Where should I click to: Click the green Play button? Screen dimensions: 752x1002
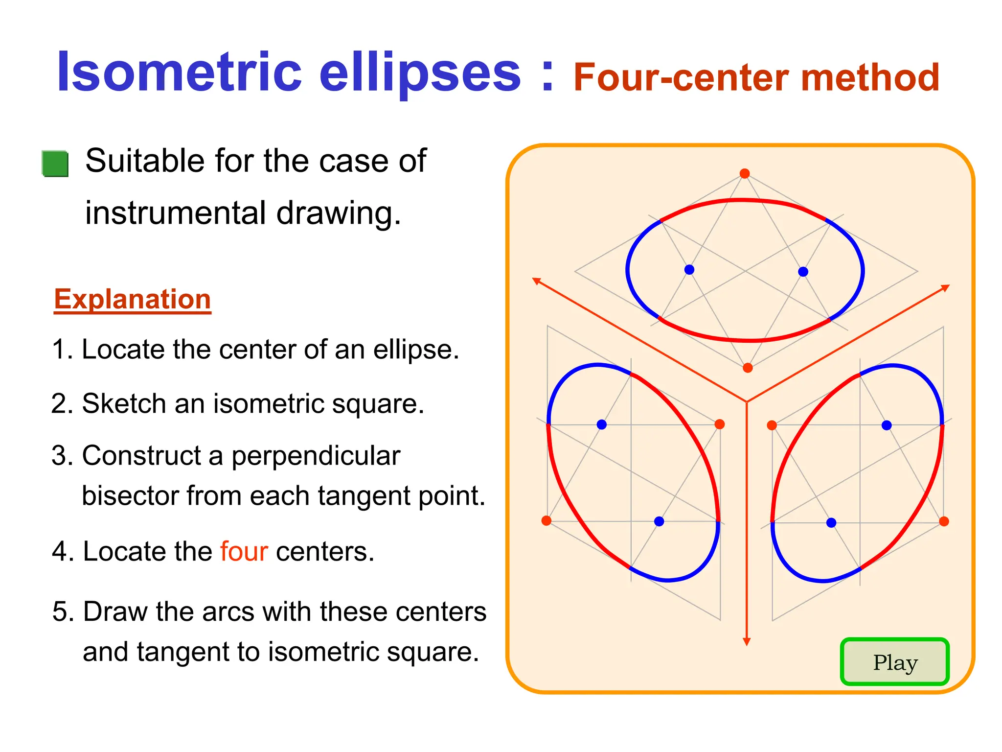click(x=894, y=662)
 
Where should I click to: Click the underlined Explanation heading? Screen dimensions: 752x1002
click(x=132, y=299)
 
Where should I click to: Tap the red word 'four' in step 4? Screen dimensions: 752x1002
click(x=244, y=551)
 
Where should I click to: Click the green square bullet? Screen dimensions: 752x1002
click(x=55, y=164)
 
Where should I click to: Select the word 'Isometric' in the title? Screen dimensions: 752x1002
click(x=179, y=73)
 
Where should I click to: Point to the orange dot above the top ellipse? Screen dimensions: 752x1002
click(x=745, y=174)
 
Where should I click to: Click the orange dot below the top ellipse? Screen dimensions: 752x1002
click(x=748, y=368)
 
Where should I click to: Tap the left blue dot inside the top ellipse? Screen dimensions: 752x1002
click(x=689, y=270)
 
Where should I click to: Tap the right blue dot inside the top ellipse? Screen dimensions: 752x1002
click(x=803, y=272)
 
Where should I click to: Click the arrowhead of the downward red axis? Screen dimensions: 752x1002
click(x=747, y=642)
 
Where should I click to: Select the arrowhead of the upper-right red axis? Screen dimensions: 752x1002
click(x=945, y=288)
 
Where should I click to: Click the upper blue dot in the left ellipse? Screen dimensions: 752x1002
click(x=602, y=424)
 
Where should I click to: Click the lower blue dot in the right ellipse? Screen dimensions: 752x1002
click(x=831, y=523)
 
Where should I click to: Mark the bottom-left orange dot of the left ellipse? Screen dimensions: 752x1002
click(x=547, y=520)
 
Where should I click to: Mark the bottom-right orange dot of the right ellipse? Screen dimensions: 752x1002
click(x=944, y=521)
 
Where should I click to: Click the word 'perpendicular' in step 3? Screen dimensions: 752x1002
click(x=316, y=456)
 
